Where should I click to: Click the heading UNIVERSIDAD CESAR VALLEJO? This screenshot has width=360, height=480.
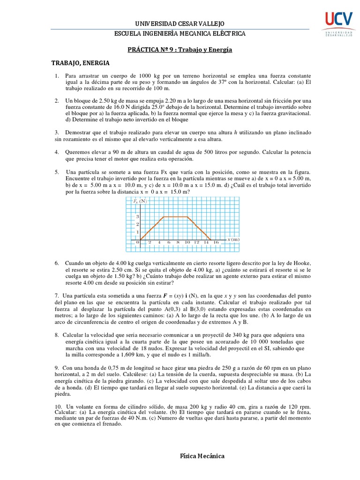(180, 23)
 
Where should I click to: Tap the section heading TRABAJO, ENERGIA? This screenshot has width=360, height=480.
(80, 62)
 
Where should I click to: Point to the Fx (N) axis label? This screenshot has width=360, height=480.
(140, 201)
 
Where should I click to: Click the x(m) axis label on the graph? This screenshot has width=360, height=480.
(233, 240)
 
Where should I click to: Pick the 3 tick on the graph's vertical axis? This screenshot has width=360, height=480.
(137, 217)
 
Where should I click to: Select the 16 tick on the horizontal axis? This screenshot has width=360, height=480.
(216, 242)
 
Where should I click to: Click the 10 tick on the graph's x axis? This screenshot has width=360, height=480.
(187, 242)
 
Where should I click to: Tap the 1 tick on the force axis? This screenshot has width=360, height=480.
(137, 232)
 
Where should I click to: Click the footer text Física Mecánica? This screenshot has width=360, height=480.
(202, 456)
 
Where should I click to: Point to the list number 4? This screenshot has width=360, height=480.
(56, 152)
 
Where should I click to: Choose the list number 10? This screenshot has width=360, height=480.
(58, 405)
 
